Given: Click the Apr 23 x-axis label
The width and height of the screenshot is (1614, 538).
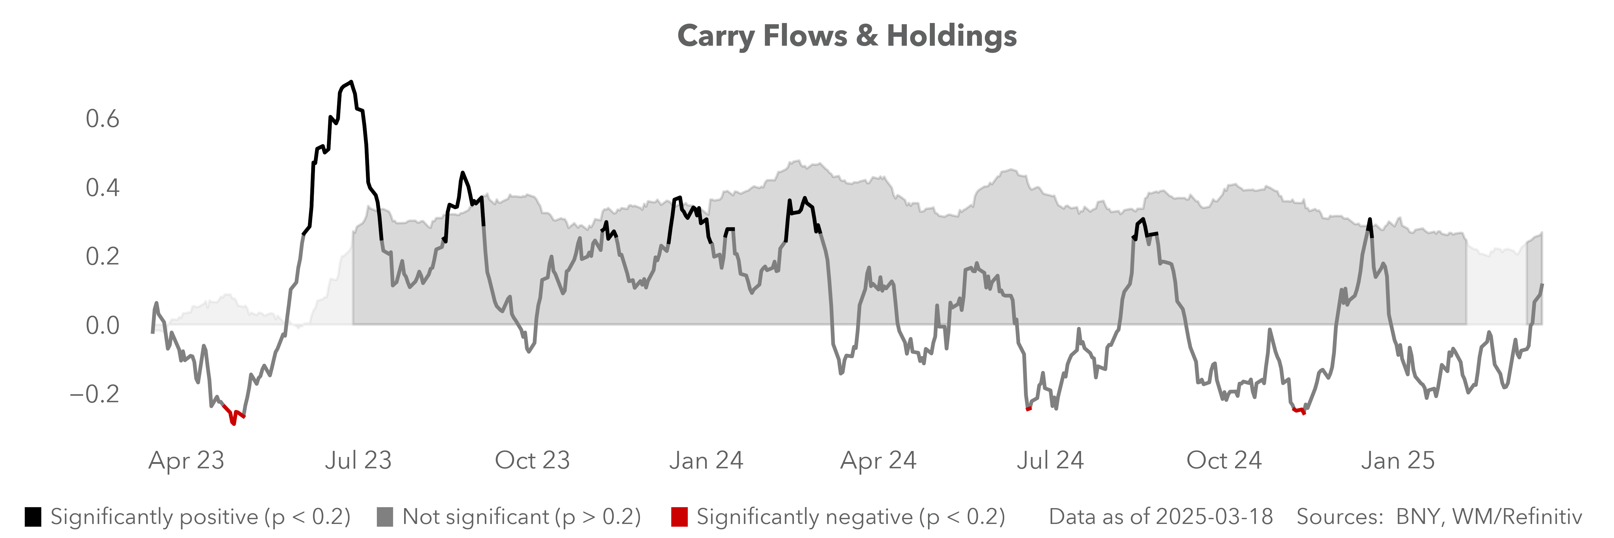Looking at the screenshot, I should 186,460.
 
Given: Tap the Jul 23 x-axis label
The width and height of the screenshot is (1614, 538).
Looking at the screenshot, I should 358,460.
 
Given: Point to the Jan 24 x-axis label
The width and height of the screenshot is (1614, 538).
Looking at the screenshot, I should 706,460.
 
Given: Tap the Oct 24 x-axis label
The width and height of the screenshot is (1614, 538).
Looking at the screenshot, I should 1224,460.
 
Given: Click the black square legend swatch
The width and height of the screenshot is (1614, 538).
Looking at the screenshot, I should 33,517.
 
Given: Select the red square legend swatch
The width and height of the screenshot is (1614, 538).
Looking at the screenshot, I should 679,517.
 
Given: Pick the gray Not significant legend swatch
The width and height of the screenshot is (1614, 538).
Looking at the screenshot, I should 385,517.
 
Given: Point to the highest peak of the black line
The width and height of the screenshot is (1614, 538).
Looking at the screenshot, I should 351,82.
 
